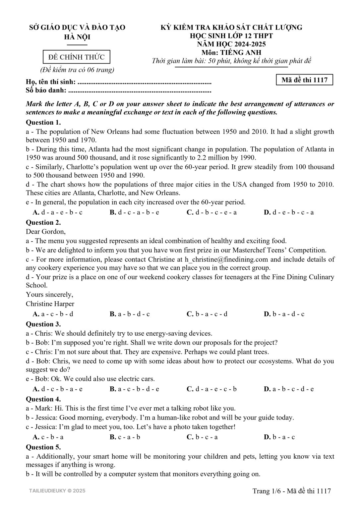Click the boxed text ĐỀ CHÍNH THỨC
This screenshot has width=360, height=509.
click(x=77, y=57)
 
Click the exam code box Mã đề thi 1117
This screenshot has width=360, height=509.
click(x=304, y=80)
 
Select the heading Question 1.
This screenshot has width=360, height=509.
click(x=43, y=122)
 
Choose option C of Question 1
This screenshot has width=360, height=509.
click(x=211, y=212)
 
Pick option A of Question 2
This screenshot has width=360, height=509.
click(x=53, y=314)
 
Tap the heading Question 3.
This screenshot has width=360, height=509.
click(x=43, y=324)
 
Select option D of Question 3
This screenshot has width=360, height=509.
click(x=289, y=389)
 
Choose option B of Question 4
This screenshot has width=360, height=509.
click(x=125, y=437)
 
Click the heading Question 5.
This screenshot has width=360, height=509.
click(x=43, y=447)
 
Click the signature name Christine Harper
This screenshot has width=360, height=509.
click(x=50, y=304)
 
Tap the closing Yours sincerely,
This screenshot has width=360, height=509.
click(x=50, y=295)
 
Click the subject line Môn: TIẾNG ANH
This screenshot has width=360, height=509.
click(x=231, y=52)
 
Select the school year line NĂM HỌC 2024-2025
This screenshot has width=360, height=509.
click(x=231, y=44)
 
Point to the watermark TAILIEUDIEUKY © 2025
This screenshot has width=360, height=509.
click(x=57, y=490)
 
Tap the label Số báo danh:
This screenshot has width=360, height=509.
click(x=46, y=90)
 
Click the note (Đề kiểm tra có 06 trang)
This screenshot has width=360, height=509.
click(x=77, y=70)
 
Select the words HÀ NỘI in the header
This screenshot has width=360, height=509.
click(x=77, y=37)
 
